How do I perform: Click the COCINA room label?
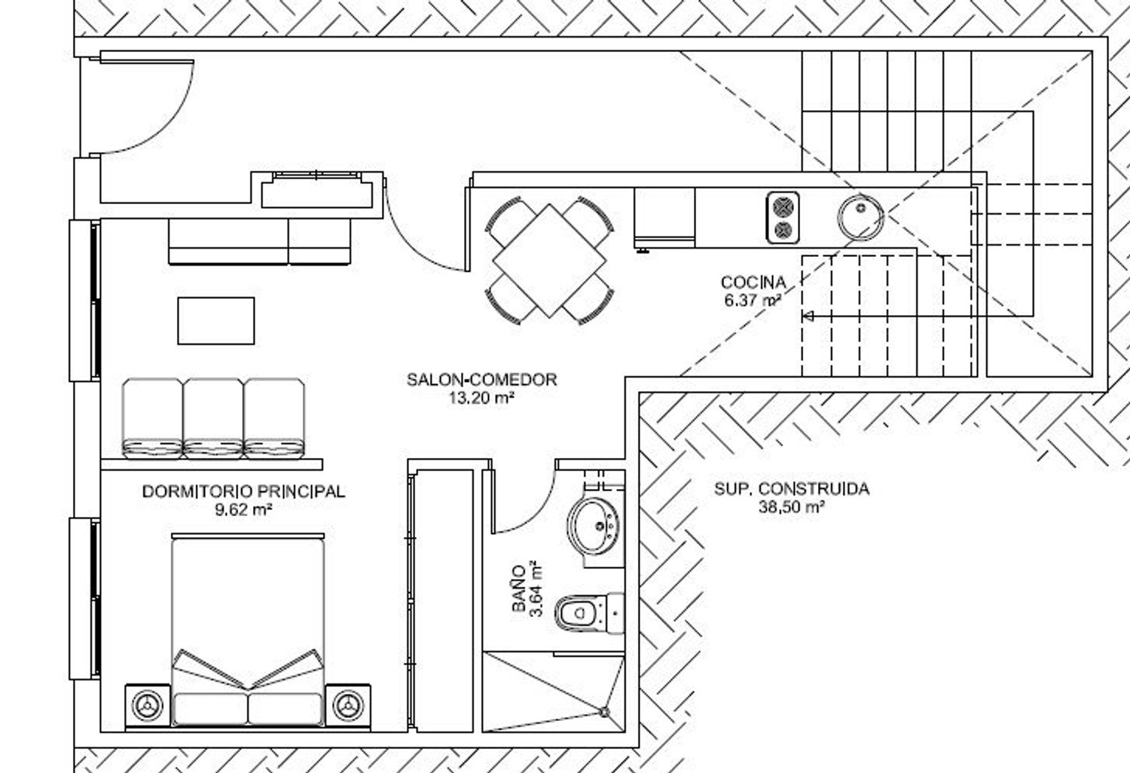point(753,282)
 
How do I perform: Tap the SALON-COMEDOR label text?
point(482,379)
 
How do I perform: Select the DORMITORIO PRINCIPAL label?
point(243,491)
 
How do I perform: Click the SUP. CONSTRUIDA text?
point(792,489)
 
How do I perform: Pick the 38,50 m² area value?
point(792,507)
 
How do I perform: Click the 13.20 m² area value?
point(482,398)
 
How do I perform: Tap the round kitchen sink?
point(860,218)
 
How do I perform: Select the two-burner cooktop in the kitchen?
point(783,218)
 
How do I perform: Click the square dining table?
point(549,261)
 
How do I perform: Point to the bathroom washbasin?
point(594,527)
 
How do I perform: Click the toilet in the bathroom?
point(589,613)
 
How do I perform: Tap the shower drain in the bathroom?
point(604,712)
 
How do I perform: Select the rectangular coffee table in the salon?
point(216,321)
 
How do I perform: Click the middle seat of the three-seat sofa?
point(213,418)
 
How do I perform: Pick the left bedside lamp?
point(148,705)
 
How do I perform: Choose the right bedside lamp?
point(348,705)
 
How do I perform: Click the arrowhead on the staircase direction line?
point(807,316)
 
